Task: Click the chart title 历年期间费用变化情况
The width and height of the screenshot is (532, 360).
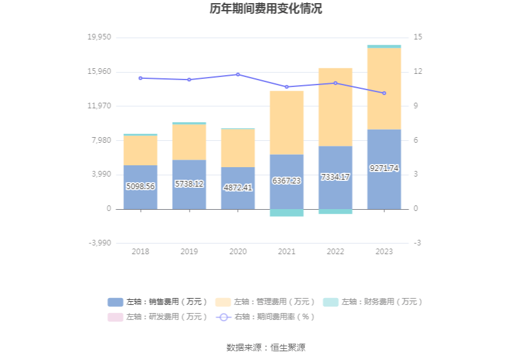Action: click(266, 9)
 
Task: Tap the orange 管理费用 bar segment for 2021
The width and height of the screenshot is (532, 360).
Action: click(287, 123)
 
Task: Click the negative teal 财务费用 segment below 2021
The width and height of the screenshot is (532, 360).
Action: click(287, 213)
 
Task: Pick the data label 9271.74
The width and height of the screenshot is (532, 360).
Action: click(384, 168)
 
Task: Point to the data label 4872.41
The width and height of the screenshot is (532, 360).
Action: click(238, 187)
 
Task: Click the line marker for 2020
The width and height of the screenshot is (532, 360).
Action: click(238, 75)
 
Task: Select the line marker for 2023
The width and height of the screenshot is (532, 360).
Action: click(384, 93)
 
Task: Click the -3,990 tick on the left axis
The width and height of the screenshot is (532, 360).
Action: click(99, 243)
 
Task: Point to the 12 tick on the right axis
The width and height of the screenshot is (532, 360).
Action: click(418, 71)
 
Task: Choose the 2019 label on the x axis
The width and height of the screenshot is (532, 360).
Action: click(189, 252)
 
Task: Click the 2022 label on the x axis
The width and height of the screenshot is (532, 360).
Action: click(335, 252)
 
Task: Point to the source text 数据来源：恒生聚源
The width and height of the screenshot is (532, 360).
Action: click(266, 347)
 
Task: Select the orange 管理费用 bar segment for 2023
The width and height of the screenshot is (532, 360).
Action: click(384, 88)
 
